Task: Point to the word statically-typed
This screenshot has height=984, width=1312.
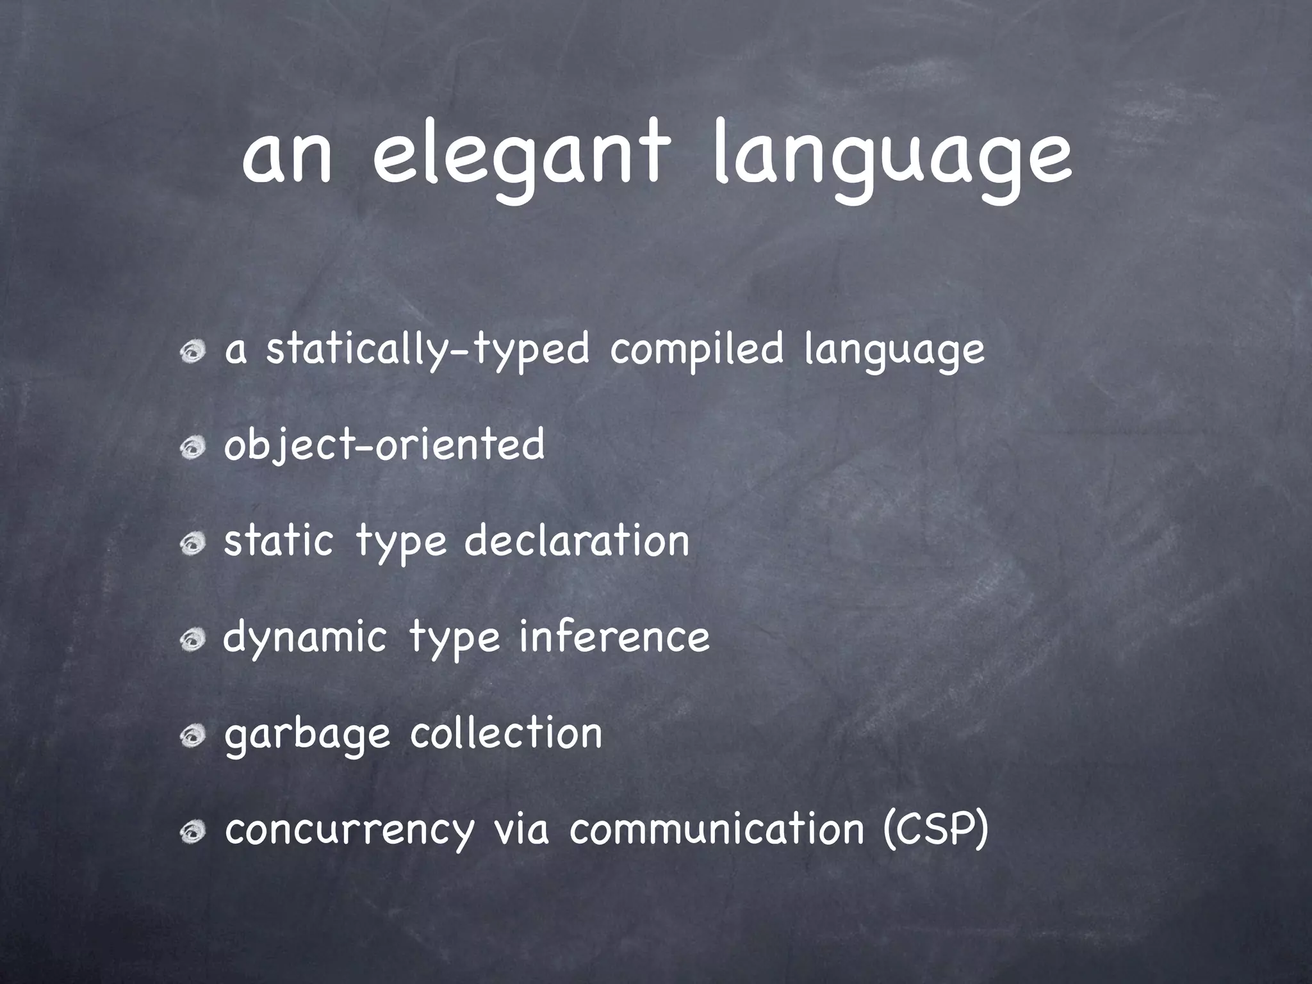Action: [x=427, y=350]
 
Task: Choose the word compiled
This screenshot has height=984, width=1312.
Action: [x=696, y=350]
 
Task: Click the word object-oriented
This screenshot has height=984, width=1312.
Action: [x=384, y=445]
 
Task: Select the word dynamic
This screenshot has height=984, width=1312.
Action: [x=304, y=638]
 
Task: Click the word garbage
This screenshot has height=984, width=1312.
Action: [x=307, y=734]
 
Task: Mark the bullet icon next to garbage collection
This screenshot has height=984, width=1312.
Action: [x=192, y=737]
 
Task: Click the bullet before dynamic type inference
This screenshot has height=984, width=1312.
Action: [x=192, y=640]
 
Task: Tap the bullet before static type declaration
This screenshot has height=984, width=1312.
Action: [x=192, y=544]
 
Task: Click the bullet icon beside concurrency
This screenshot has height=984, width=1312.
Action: [x=192, y=832]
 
